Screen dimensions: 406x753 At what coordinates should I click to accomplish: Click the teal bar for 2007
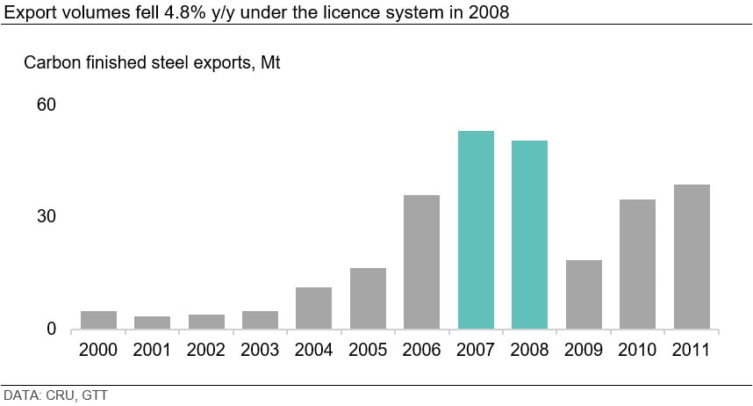tap(476, 230)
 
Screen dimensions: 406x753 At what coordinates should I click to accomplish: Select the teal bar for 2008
tap(529, 235)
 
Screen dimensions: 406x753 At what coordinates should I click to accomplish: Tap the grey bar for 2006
tap(421, 262)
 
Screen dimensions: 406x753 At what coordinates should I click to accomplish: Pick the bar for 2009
tap(584, 294)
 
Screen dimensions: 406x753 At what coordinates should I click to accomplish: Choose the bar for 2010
tap(637, 265)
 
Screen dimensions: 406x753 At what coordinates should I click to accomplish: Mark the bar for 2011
tap(692, 257)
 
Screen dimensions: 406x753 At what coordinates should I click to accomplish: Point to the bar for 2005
tap(368, 299)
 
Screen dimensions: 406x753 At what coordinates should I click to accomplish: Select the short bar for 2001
tap(152, 323)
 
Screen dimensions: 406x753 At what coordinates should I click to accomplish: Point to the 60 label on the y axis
tap(46, 105)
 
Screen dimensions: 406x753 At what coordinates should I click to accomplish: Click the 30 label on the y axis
tap(46, 217)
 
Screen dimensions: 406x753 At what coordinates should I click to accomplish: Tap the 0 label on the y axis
tap(51, 330)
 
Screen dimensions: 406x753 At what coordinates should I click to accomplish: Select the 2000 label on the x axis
tap(97, 351)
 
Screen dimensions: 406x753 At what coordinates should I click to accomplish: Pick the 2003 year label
tap(260, 351)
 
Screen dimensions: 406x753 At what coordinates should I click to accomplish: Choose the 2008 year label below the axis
tap(529, 351)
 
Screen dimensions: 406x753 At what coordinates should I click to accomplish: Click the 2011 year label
tap(692, 351)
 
